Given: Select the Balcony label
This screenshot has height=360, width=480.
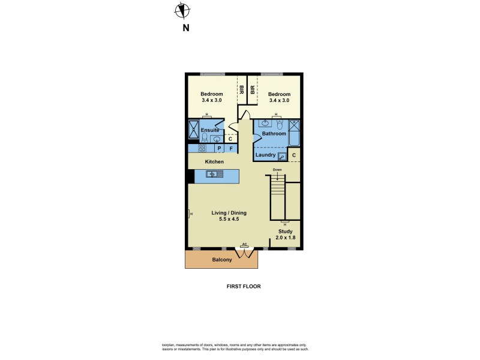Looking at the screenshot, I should coord(222,260).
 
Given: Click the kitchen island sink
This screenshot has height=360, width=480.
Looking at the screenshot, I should coord(212,175).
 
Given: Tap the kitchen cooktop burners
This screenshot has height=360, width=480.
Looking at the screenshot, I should coord(203,148).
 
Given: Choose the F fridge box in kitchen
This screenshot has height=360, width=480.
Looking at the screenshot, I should coord(231,148).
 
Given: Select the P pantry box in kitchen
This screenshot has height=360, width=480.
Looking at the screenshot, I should coord(220,148).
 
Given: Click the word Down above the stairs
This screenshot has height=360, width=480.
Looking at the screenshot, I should coord(277,170).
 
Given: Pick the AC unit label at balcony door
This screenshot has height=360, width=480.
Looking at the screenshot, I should coord(244,245).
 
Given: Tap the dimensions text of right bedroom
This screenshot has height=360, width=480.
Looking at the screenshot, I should coord(278,100).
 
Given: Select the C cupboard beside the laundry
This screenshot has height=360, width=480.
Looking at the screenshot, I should coord(294,155).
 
